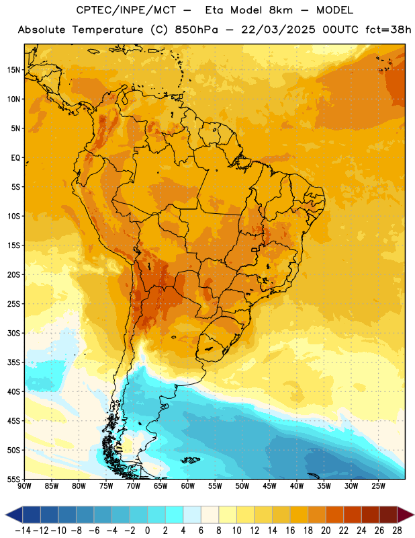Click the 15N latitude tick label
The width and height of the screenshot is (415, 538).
[x=13, y=70]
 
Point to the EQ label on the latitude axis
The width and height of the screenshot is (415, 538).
[x=15, y=158]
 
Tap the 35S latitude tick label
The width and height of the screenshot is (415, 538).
[x=13, y=362]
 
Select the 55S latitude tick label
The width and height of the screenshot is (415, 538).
[x=13, y=479]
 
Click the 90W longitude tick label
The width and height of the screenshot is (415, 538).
[x=24, y=486]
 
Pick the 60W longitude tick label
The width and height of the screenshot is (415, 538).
[x=188, y=486]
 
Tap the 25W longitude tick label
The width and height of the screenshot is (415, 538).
[x=378, y=486]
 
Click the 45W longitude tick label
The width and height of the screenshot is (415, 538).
[x=269, y=486]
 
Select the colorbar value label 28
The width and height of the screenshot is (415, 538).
[x=397, y=531]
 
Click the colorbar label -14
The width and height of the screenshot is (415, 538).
[x=23, y=531]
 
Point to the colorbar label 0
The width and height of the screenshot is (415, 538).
[x=147, y=531]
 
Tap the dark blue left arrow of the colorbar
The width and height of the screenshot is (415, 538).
[x=13, y=515]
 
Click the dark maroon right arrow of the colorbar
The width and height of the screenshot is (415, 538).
[x=406, y=515]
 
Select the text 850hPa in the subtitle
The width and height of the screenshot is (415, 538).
[x=196, y=30]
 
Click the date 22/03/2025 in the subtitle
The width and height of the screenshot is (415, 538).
[x=278, y=30]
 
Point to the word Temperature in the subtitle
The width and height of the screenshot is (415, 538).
[x=108, y=30]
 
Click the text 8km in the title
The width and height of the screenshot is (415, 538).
[x=281, y=10]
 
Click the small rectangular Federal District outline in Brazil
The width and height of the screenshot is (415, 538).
[x=255, y=249]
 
